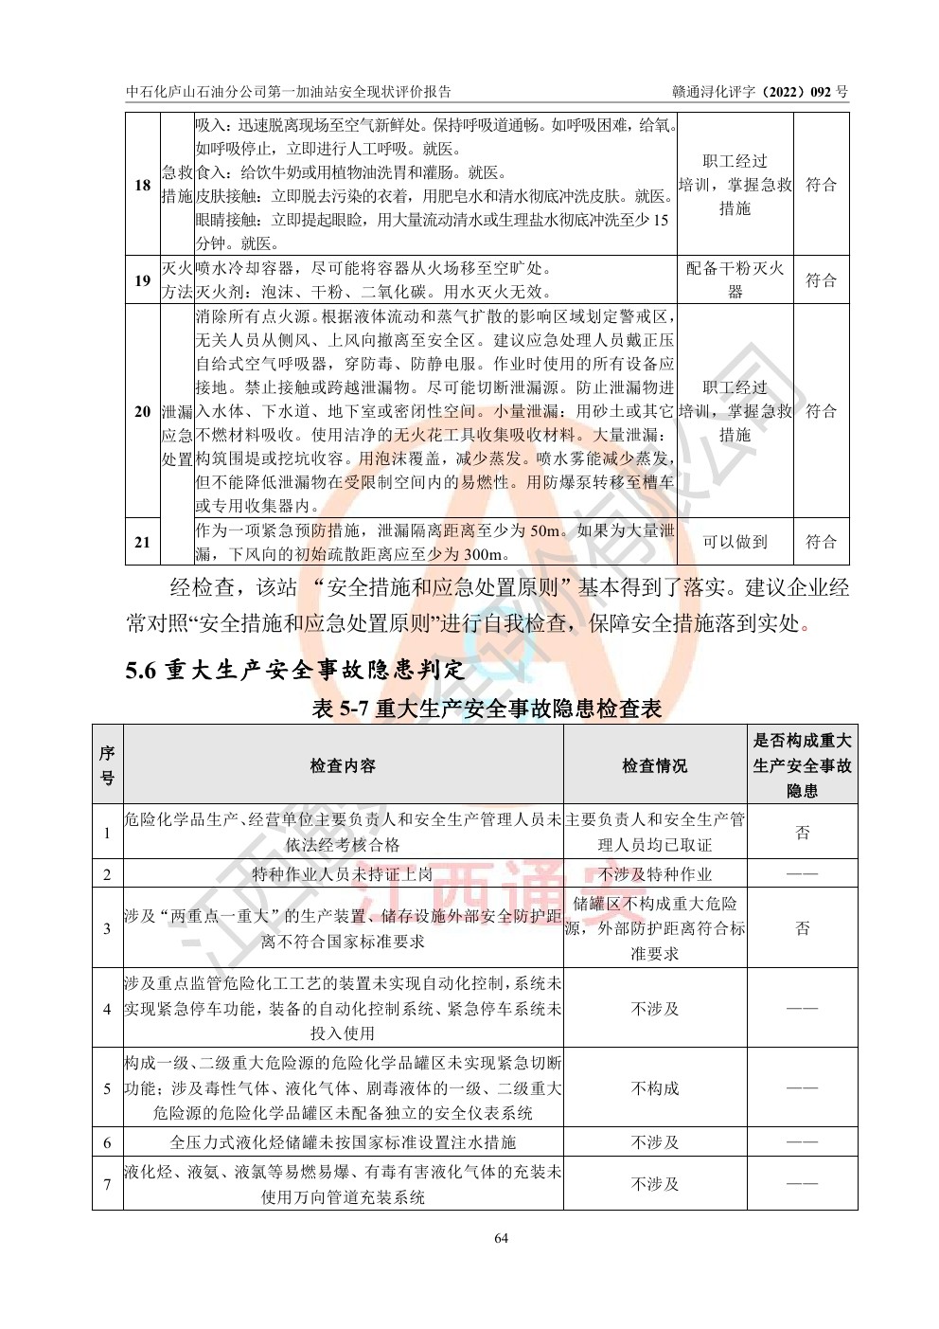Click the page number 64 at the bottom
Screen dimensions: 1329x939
(x=502, y=1238)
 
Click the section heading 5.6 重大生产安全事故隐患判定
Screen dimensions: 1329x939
(x=295, y=670)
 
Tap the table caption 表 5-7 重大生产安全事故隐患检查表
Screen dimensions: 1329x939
(x=487, y=708)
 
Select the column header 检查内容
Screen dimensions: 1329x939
(x=343, y=765)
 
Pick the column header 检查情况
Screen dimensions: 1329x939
(x=654, y=765)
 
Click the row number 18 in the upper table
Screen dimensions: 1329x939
(x=142, y=185)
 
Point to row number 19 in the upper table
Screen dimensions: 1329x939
(x=142, y=280)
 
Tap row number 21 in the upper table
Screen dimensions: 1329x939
(x=142, y=542)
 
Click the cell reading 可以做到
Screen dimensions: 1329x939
(x=735, y=542)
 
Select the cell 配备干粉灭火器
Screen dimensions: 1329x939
(x=735, y=280)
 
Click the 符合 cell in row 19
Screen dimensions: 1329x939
(x=821, y=280)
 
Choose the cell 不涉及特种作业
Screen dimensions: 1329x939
(x=654, y=874)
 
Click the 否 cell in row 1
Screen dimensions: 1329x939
(x=802, y=833)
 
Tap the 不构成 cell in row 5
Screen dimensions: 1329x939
(x=654, y=1088)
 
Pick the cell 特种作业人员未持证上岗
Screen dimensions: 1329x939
(x=343, y=874)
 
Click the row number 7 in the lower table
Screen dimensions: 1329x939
(x=107, y=1184)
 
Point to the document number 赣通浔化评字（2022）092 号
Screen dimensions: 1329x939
(x=759, y=92)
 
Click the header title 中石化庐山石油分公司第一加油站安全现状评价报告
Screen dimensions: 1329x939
(x=289, y=92)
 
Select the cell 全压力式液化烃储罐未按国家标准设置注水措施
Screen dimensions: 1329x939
(x=343, y=1142)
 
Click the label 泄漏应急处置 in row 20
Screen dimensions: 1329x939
(x=177, y=435)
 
